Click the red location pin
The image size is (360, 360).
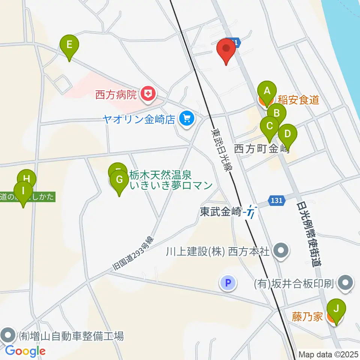226,50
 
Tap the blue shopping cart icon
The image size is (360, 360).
186,119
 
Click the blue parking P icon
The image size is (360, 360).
228,282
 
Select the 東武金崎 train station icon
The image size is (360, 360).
250,213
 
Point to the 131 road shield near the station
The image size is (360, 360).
276,201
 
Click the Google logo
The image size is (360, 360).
25,351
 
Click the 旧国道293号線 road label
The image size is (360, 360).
134,254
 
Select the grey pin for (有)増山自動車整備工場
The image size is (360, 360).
8,335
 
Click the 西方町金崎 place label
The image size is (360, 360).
261,149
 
